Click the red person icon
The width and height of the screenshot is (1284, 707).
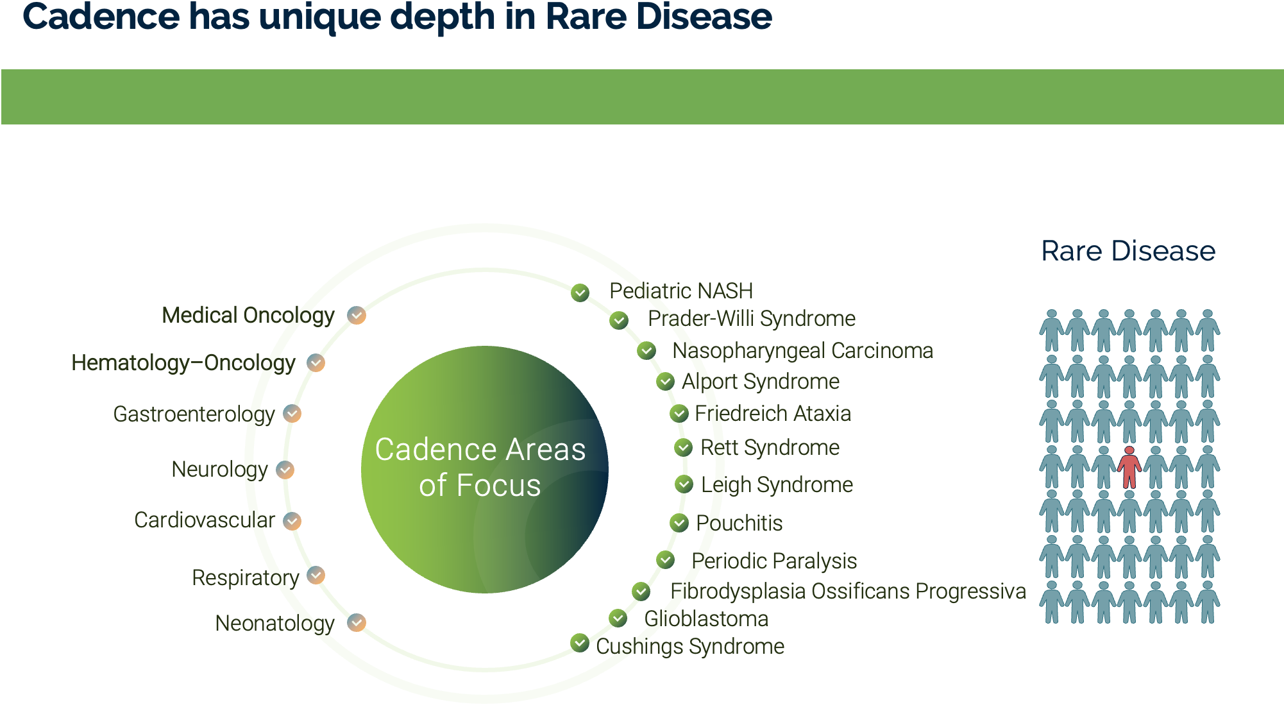[1129, 468]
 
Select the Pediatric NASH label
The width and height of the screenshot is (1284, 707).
[680, 291]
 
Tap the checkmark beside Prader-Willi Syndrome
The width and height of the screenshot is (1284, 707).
[619, 319]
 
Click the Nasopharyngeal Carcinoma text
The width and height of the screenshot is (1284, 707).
[802, 351]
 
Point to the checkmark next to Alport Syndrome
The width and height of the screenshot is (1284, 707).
[666, 382]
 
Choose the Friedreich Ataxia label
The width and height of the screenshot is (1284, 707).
[773, 414]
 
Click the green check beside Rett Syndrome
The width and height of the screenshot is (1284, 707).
[684, 447]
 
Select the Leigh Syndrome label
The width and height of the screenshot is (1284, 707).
[777, 485]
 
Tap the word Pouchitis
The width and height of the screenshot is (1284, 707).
[739, 524]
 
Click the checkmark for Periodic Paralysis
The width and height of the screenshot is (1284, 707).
[666, 560]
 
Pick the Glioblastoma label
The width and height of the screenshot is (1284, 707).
[706, 619]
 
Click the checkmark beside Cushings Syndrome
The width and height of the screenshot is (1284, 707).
[580, 643]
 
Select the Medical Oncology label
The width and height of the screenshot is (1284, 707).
[248, 316]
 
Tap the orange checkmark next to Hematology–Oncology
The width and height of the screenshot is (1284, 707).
[316, 362]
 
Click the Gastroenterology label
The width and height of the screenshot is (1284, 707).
[194, 414]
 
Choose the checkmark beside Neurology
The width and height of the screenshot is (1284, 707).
[285, 470]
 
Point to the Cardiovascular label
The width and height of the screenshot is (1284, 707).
[205, 520]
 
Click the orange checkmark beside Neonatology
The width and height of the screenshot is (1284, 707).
[357, 622]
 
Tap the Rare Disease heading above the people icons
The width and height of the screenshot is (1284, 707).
[1128, 251]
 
